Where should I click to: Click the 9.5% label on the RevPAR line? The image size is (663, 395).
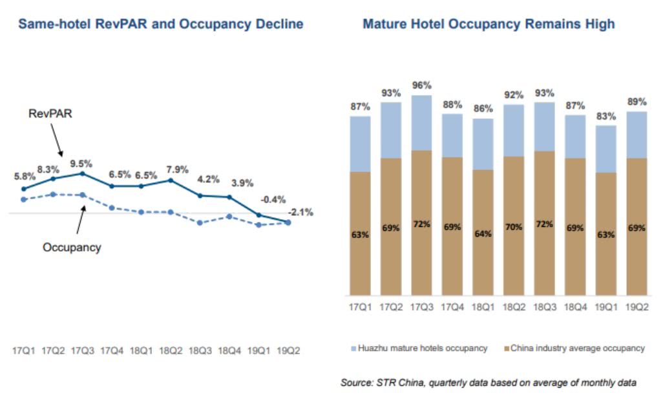(82, 162)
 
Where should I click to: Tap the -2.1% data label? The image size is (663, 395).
(301, 211)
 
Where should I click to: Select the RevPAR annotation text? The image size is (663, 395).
(48, 114)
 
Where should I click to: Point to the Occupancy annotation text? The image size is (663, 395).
(72, 247)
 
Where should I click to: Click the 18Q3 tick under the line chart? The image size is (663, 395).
(201, 350)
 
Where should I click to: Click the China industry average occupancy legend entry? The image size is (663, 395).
(573, 348)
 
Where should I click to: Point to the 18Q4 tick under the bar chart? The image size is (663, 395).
(575, 308)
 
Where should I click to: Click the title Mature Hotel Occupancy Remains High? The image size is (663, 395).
(489, 25)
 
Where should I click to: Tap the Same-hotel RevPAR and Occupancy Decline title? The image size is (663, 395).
(161, 25)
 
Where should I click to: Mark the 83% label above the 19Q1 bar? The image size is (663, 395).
(605, 116)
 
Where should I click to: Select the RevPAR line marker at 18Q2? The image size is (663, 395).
(171, 180)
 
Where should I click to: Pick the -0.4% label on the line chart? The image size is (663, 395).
(272, 199)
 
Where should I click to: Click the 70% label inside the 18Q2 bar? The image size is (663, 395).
(514, 228)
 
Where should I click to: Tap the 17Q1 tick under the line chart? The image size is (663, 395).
(23, 350)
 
